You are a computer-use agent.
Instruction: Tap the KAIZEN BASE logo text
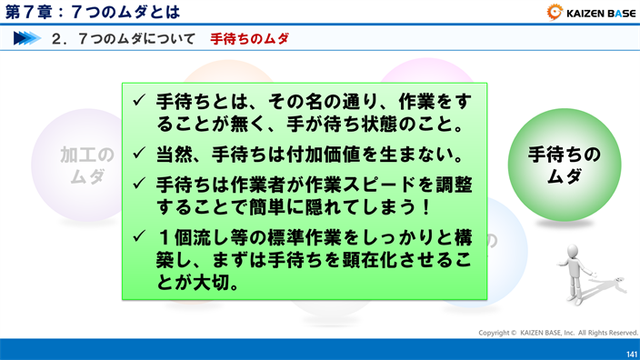pos(601,13)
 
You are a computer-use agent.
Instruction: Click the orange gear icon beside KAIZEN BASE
pos(555,12)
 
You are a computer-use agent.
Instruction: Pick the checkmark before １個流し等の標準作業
pos(139,235)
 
